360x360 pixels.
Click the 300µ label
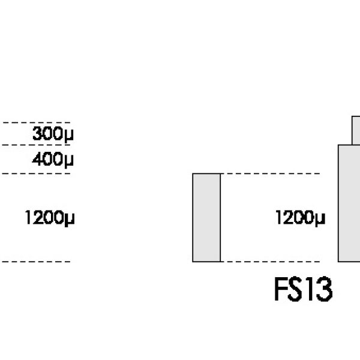click(x=52, y=133)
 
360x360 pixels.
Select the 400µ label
click(x=52, y=160)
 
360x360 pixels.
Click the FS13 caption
click(x=302, y=290)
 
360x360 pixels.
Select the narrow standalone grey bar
click(x=206, y=217)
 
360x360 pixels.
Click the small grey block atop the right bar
click(x=356, y=130)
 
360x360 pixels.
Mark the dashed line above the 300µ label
click(x=36, y=122)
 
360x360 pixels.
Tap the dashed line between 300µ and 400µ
click(x=36, y=145)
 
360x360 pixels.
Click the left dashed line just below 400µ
click(x=36, y=174)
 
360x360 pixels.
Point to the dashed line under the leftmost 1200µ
click(x=36, y=262)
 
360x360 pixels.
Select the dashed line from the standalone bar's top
click(x=270, y=174)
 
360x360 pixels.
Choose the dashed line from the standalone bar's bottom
click(x=270, y=262)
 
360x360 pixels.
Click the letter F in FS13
click(x=281, y=290)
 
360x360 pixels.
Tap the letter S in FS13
click(x=296, y=290)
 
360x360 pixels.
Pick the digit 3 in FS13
click(x=323, y=290)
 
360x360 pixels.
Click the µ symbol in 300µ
click(x=69, y=134)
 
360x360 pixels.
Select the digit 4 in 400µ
click(x=37, y=160)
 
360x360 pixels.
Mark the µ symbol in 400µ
click(x=69, y=161)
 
